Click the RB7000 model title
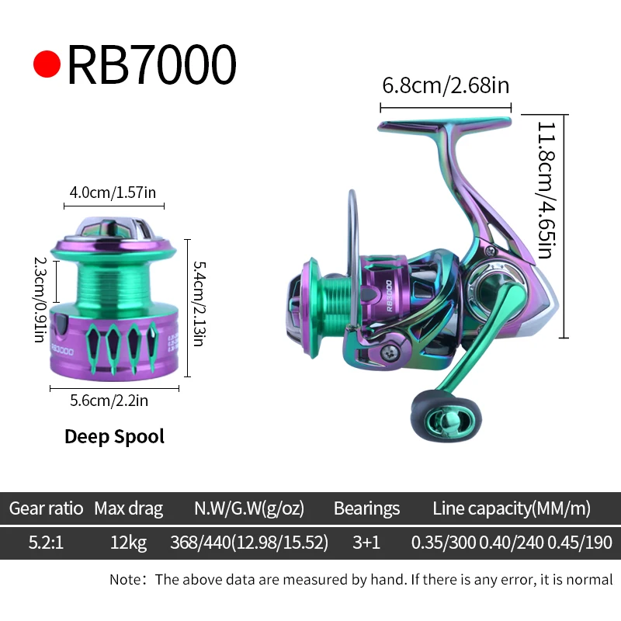tap(151, 64)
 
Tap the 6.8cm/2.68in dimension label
tap(446, 85)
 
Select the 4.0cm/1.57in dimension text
tap(114, 193)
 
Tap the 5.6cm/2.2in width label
tap(109, 401)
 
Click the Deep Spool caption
tap(114, 436)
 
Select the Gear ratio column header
tap(46, 508)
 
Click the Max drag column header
tap(128, 508)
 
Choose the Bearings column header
tap(366, 508)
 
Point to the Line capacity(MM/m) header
tap(512, 508)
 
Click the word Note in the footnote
tap(124, 579)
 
